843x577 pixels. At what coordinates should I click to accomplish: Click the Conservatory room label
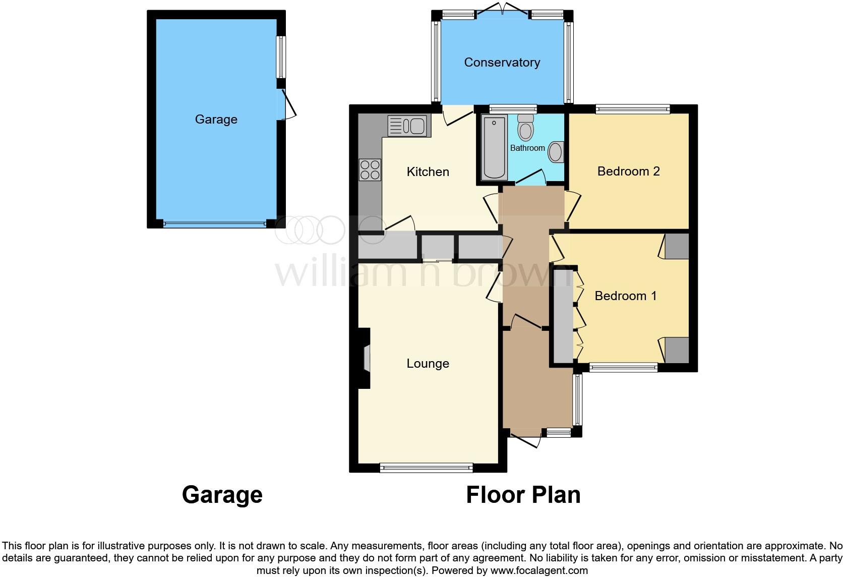coord(502,63)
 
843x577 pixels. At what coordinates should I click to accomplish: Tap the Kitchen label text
coord(428,172)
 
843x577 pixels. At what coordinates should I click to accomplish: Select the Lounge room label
coord(428,364)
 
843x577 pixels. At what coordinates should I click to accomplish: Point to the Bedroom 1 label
coord(625,296)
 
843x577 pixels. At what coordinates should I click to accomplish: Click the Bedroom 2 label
coord(628,171)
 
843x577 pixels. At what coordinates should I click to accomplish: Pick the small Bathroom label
coord(527,148)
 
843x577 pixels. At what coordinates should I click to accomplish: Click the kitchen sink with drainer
coord(409,126)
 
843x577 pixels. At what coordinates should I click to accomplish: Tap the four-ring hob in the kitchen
coord(370,169)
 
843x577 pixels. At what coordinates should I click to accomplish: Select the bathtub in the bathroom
coord(494,147)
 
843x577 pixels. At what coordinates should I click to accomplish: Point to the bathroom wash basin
coord(556,152)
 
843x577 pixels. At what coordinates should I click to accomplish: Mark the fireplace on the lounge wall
coord(366,359)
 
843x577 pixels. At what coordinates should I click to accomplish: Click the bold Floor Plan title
coord(523,495)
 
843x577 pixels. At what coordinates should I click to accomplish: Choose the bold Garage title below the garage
coord(222,495)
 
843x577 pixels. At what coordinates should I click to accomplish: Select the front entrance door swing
coord(526,440)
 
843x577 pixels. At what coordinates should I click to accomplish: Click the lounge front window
coord(426,468)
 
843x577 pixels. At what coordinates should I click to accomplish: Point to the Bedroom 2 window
coord(632,108)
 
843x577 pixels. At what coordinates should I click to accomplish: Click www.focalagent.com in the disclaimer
coord(539,571)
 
